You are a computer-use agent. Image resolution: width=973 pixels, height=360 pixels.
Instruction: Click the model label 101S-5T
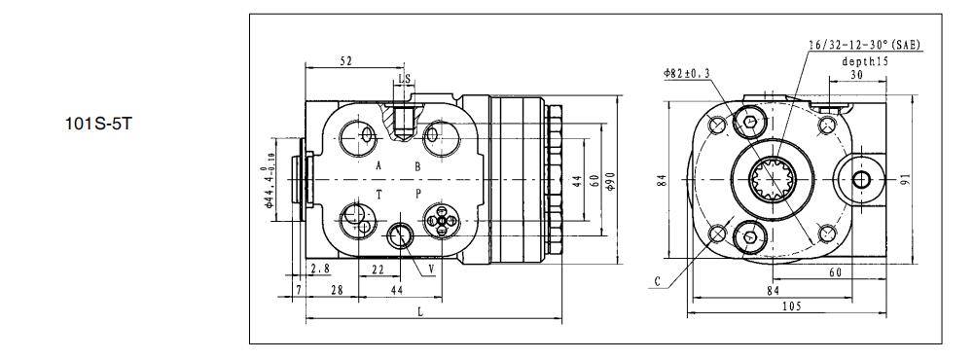pos(98,124)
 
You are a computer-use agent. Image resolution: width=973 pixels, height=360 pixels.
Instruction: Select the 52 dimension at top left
pos(346,61)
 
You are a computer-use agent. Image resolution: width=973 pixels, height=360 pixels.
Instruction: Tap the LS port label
pos(405,79)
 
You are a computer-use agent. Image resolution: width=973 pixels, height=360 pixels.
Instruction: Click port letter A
pos(378,165)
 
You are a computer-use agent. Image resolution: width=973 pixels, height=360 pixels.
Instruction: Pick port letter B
pos(417,165)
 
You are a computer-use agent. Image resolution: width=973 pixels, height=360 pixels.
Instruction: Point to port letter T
pos(378,195)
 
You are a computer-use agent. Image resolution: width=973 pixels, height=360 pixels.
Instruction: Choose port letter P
pos(418,195)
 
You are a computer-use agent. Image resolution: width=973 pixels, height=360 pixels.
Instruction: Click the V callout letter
pos(431,270)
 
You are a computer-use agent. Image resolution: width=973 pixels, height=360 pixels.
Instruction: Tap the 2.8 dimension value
pos(320,269)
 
